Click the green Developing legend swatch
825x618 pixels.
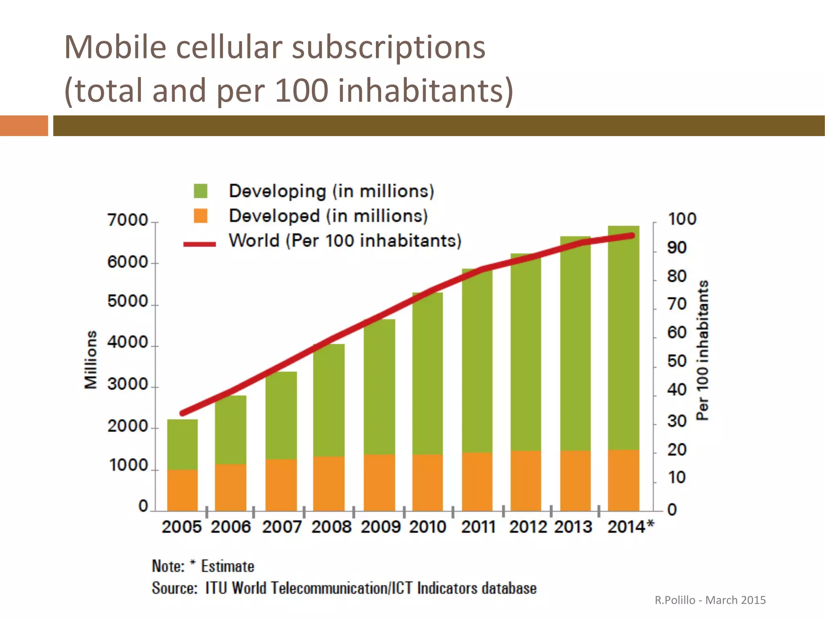tap(200, 191)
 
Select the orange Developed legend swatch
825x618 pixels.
tap(200, 216)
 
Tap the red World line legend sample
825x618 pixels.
tap(199, 244)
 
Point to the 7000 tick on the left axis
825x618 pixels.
tap(128, 220)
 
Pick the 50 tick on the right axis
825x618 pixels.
tap(677, 361)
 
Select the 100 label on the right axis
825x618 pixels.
tap(682, 219)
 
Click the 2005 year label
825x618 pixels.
tap(182, 527)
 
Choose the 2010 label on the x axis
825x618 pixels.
tap(427, 527)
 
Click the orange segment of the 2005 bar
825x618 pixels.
tap(182, 490)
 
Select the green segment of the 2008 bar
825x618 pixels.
tap(329, 400)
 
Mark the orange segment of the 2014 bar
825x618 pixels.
tap(624, 480)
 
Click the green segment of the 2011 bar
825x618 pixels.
tap(477, 360)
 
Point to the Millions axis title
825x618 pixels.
tap(91, 360)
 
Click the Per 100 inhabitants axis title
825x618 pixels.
tap(703, 350)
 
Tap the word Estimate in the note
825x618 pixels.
tap(228, 566)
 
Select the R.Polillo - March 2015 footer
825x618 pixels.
tap(710, 600)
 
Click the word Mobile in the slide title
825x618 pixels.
tap(115, 48)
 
